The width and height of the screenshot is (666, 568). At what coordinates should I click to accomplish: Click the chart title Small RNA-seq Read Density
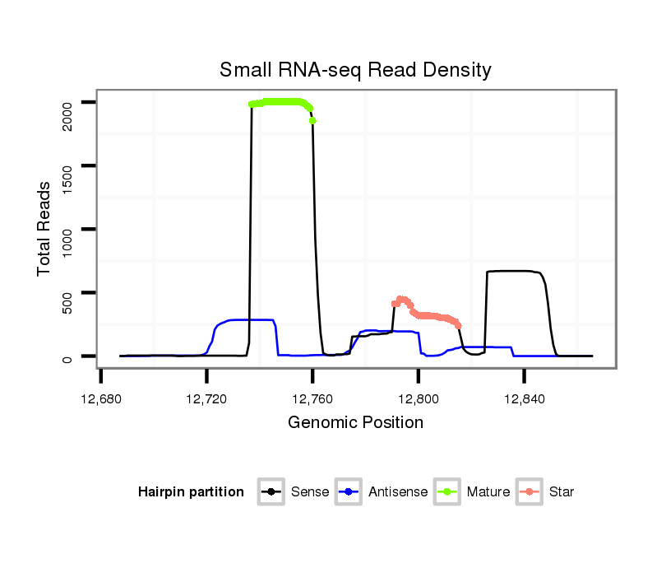point(355,70)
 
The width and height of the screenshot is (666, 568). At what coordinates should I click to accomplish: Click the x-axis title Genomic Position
point(355,423)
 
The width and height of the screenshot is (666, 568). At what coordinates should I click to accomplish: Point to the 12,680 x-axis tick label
point(100,400)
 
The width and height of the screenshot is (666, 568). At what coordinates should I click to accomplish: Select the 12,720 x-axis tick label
point(206,400)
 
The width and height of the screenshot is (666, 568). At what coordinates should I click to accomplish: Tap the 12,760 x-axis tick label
point(312,400)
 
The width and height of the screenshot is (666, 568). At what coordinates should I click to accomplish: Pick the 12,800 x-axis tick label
point(418,400)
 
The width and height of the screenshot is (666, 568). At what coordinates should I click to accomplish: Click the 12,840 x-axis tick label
point(524,400)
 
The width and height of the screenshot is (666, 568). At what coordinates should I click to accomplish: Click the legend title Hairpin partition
point(191,492)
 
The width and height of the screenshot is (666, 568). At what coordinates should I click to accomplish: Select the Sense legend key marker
point(271,492)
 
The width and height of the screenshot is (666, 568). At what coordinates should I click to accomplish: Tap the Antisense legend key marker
point(349,492)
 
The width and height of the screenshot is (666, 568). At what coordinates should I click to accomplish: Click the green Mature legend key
point(447,492)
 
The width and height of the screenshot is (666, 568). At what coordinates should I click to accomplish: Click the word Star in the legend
point(562,492)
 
